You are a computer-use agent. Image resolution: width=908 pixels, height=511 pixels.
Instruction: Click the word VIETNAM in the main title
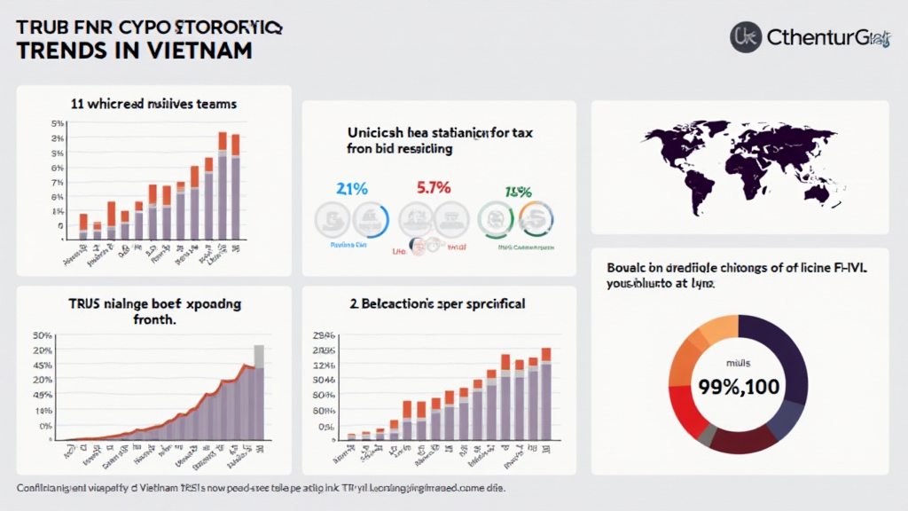coord(198,50)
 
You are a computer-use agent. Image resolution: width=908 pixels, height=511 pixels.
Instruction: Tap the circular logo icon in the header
coord(746,36)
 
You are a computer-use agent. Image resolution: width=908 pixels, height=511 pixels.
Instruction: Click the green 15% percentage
coord(518,191)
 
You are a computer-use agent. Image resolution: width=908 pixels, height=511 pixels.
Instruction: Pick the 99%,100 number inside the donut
coord(740,388)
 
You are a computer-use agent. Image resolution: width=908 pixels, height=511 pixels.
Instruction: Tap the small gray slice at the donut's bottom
coord(707,436)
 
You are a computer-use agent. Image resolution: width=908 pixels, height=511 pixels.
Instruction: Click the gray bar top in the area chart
coord(259,355)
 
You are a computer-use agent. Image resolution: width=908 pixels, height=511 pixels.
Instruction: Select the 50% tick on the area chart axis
coord(43,335)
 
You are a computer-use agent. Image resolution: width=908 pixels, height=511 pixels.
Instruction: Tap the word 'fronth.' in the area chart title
coord(155,319)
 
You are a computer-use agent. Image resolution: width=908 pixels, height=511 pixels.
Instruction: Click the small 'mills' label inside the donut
coord(739,364)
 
